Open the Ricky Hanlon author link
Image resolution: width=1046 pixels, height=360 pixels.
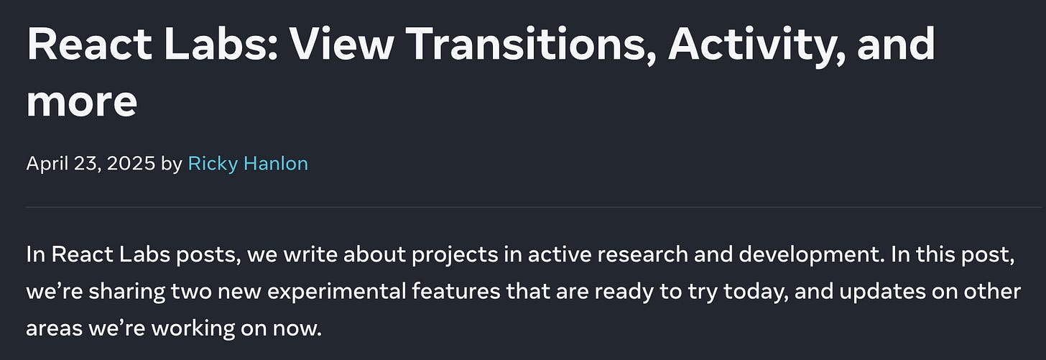pos(248,164)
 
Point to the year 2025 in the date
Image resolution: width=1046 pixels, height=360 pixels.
pos(131,164)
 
